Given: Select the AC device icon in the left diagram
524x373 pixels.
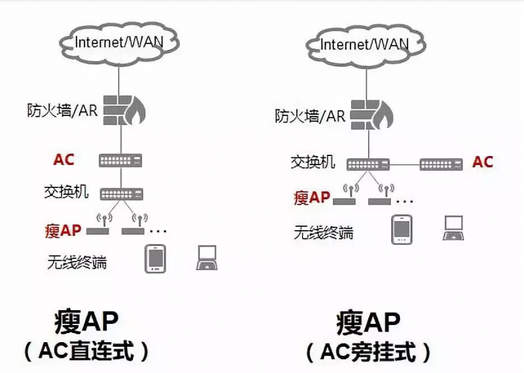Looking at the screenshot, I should pos(121,160).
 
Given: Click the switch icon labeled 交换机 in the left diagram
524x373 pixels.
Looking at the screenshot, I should pos(121,193).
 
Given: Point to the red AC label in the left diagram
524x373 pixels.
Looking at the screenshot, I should pos(64,159).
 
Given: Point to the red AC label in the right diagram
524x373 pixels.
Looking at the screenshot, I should pos(483,162).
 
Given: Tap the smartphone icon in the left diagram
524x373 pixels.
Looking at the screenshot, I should pos(156,258).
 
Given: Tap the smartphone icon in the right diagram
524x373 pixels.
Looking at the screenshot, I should pos(402,229).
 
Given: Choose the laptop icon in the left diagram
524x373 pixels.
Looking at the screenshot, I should pos(208,258).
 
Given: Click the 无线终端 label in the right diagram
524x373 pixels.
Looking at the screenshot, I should pos(323,232).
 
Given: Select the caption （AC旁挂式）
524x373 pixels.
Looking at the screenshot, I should pos(368,353).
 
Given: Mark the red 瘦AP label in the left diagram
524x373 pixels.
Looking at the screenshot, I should pos(64,230).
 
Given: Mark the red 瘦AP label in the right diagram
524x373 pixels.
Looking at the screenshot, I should pos(312,197).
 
